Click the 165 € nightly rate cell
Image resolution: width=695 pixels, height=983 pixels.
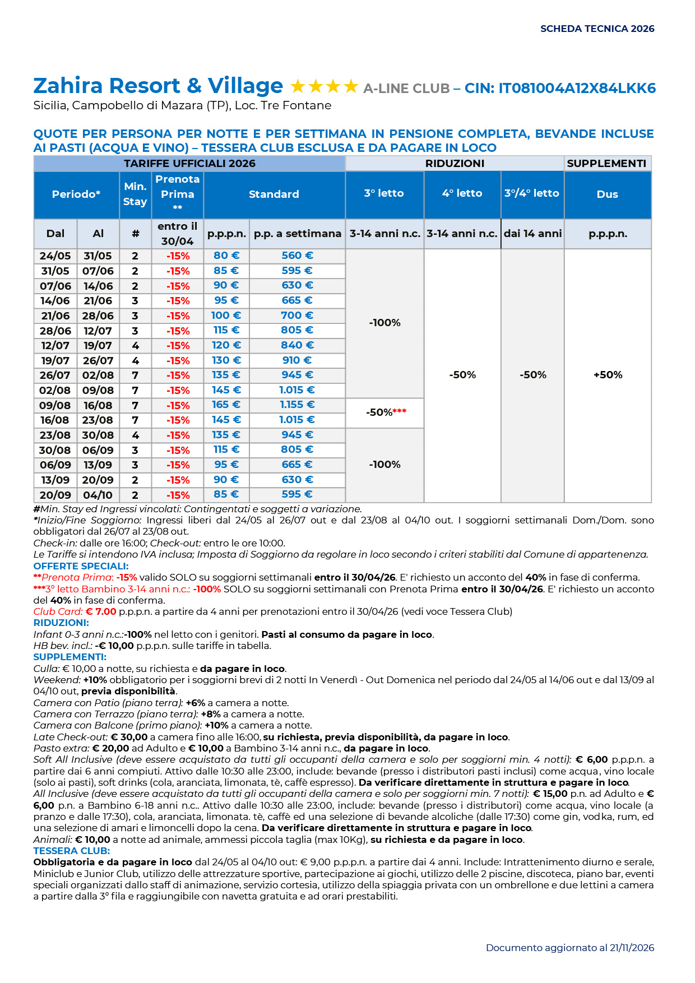point(226,405)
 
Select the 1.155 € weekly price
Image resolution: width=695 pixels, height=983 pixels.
point(297,405)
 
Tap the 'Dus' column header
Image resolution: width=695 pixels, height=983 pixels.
point(607,194)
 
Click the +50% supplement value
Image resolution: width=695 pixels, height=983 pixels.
point(608,374)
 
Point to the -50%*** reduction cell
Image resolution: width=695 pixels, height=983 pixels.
point(386,412)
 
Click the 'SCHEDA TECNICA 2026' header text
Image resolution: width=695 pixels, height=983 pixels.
point(597,29)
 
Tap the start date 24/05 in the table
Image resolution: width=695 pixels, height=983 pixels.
point(55,256)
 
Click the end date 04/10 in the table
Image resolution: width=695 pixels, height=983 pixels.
point(98,495)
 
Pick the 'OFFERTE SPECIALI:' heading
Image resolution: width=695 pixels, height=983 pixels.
point(81,566)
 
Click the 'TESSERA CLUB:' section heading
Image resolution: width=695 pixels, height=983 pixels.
point(71,851)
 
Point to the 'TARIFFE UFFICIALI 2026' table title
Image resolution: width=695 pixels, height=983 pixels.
point(189,163)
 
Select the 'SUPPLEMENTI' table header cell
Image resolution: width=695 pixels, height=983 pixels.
point(606,163)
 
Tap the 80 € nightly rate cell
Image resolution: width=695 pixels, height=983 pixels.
point(226,256)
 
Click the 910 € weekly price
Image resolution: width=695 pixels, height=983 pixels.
point(297,360)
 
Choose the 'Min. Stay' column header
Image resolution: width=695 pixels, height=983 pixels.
point(135,194)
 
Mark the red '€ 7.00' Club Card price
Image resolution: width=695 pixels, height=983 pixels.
point(101,611)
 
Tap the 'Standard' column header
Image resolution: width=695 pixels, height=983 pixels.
point(274,194)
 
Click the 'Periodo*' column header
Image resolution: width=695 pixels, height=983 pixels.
point(76,194)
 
